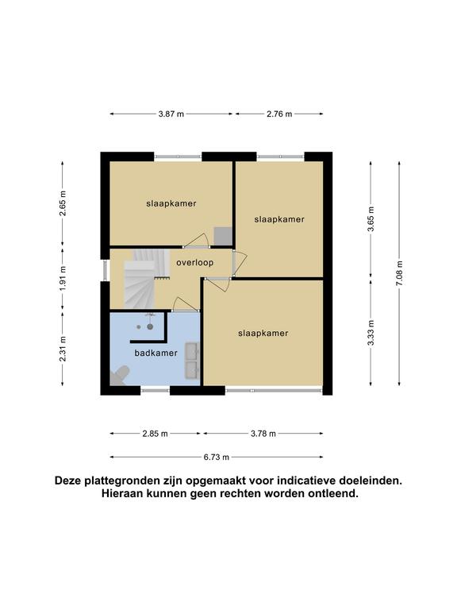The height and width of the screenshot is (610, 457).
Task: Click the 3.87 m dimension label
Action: click(x=171, y=114)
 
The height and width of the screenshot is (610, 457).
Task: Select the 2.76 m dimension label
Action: click(x=279, y=114)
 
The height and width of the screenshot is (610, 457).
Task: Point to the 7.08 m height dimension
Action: click(x=400, y=273)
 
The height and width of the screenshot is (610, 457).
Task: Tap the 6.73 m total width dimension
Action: click(x=217, y=457)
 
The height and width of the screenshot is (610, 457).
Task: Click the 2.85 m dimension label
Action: click(x=155, y=434)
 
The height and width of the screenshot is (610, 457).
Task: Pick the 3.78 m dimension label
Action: click(x=263, y=434)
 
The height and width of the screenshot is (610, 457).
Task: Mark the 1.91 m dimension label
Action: click(x=63, y=278)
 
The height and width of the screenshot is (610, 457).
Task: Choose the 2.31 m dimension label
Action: click(x=63, y=349)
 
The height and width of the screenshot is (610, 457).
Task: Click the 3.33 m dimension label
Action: click(x=371, y=333)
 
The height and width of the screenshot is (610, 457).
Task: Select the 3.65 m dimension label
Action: click(x=371, y=219)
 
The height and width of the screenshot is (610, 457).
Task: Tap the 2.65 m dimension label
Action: click(x=63, y=203)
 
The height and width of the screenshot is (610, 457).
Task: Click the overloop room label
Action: click(x=194, y=263)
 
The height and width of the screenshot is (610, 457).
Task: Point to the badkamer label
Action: click(x=156, y=353)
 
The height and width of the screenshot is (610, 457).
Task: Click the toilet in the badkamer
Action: click(x=118, y=375)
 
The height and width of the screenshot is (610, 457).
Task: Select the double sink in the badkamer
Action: click(x=192, y=361)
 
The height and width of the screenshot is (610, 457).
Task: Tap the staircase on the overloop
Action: click(x=146, y=278)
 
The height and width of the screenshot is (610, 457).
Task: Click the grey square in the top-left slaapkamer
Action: click(x=223, y=236)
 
